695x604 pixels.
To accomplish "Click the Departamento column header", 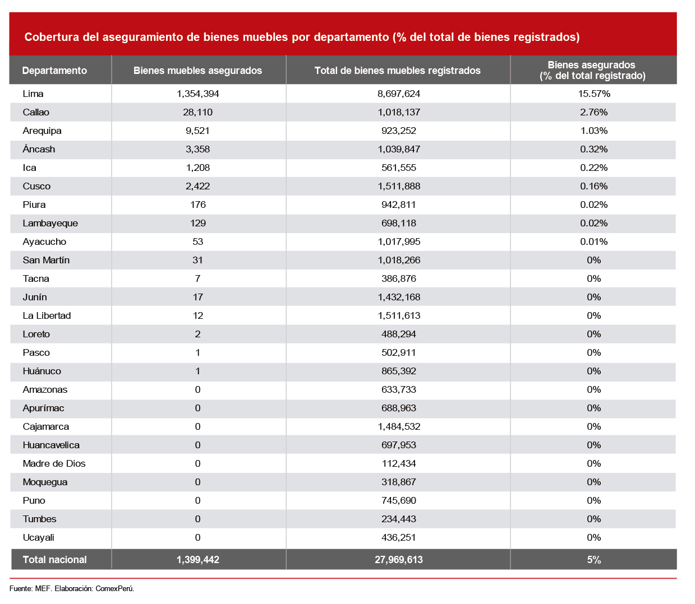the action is (54, 71).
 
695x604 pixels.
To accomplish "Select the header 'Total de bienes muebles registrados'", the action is (398, 71).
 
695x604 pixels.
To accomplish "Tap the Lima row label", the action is (33, 94).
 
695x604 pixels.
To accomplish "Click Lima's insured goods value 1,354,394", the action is (197, 94).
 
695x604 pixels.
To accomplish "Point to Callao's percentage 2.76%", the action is (594, 112).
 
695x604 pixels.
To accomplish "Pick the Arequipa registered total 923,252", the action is (398, 131).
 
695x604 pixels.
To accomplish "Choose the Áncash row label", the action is (39, 149).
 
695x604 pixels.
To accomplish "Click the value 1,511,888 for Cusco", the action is (399, 186).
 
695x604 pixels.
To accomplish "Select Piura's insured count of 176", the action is (197, 205).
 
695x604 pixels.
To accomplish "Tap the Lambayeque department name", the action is (50, 223).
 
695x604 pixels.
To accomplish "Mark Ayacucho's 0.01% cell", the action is (594, 241).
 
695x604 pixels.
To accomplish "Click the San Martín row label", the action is (46, 261).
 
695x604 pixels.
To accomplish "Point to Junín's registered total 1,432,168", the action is (399, 298).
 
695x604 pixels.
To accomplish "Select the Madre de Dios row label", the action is (54, 463).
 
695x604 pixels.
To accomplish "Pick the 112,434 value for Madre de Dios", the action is (398, 463).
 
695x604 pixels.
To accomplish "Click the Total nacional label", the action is (54, 560).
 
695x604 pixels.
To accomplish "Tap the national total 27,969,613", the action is (399, 560).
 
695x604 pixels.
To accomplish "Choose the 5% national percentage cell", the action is (594, 560).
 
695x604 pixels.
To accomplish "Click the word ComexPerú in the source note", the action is (114, 588).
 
